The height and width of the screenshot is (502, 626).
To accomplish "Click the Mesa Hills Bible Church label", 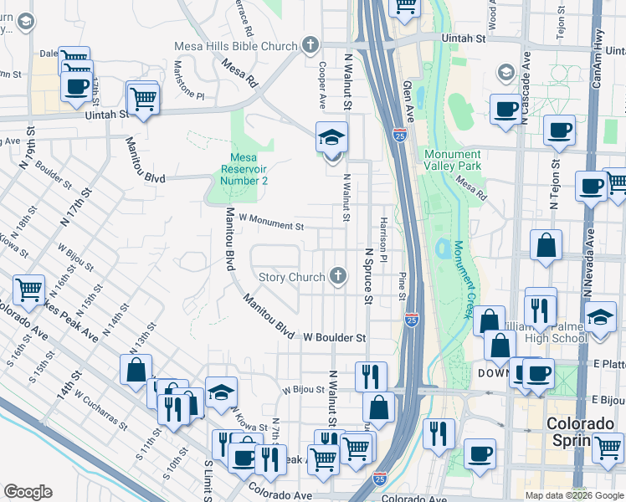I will (235, 46).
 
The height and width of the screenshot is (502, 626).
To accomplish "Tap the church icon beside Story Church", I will (338, 276).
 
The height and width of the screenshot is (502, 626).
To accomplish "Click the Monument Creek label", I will (460, 279).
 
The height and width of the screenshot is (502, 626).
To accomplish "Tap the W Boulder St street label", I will (335, 338).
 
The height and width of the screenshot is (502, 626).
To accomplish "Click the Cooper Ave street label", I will (322, 85).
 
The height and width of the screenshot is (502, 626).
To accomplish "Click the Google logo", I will (28, 492).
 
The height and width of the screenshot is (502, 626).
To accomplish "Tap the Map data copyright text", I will (573, 494).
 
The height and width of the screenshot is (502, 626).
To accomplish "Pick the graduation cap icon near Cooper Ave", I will (331, 136).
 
